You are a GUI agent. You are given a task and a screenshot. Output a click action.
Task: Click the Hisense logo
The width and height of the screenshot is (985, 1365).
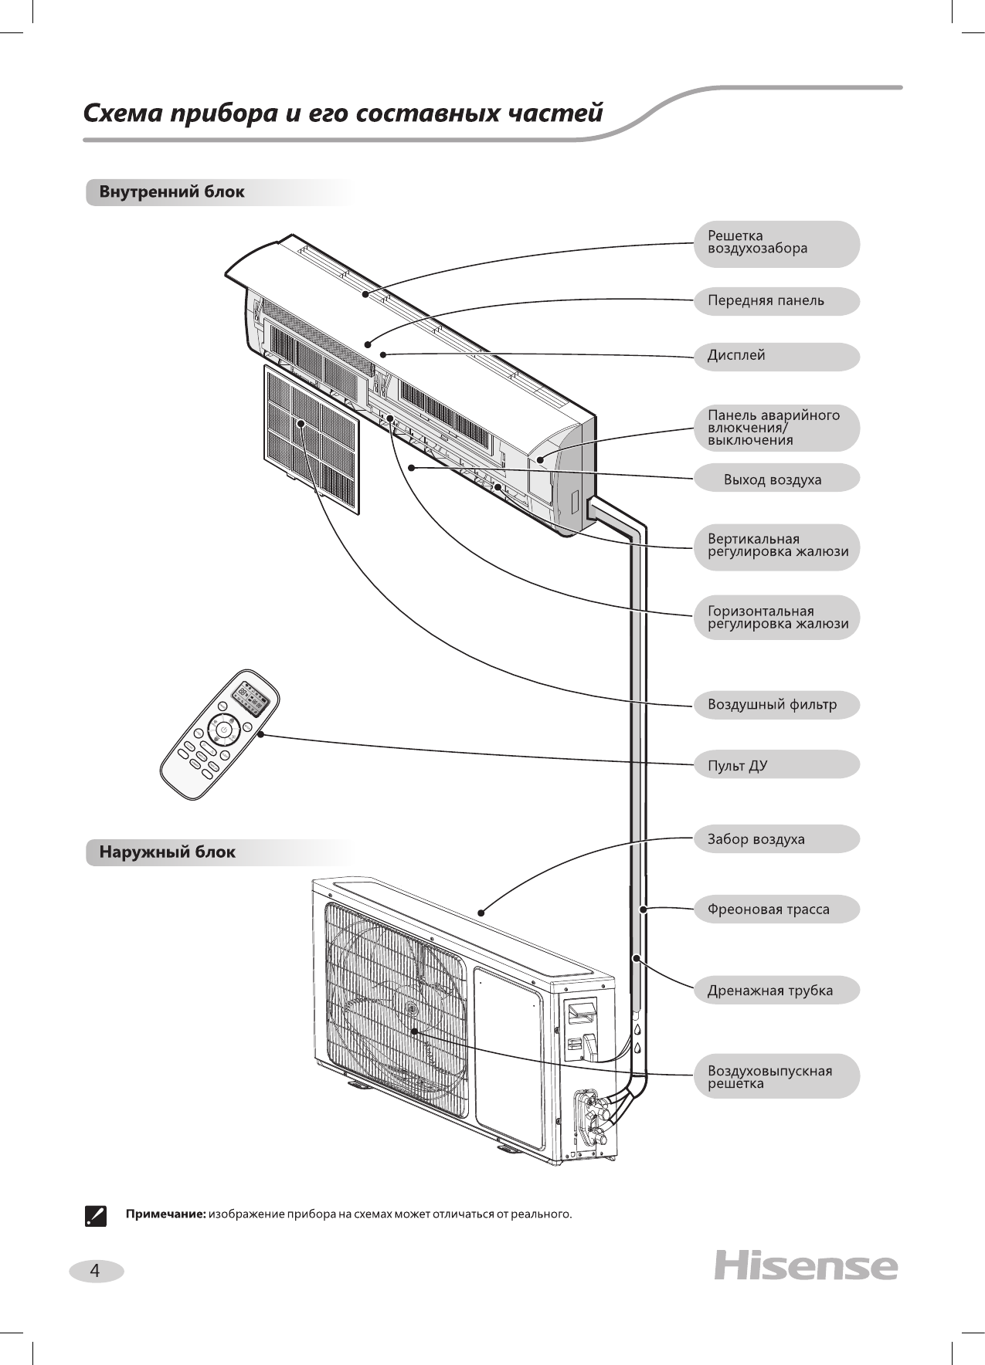[x=806, y=1266]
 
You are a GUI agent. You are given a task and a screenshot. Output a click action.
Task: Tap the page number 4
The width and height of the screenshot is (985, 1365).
[x=95, y=1270]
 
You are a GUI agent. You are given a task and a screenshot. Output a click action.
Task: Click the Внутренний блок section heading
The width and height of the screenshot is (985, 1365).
[x=172, y=192]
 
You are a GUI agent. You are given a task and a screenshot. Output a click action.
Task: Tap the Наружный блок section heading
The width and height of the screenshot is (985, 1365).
[x=167, y=852]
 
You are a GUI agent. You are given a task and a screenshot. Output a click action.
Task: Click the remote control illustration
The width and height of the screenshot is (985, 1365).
[x=219, y=733]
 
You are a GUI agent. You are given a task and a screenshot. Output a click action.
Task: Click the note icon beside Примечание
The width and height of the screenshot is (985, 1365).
[x=94, y=1214]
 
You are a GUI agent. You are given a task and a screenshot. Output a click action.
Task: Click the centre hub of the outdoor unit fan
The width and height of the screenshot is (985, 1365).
[x=411, y=1010]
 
